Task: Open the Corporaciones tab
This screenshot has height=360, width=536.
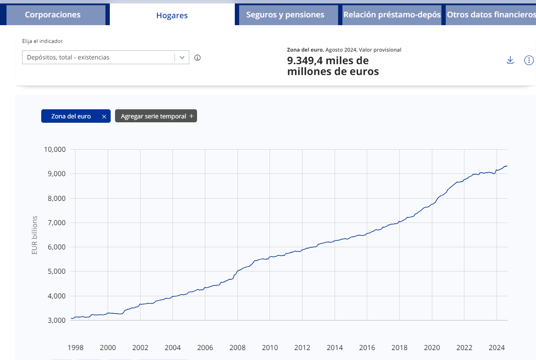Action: coord(53,15)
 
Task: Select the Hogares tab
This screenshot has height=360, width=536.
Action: coord(172,15)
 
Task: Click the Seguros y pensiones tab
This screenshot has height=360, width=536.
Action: coord(285,15)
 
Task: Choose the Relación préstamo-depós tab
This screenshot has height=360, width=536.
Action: coord(391,15)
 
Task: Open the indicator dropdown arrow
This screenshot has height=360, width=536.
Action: coord(182,57)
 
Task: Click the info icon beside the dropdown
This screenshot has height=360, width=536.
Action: coord(197,57)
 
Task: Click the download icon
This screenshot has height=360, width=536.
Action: coord(510,60)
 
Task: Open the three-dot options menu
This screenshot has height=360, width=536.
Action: coord(529,60)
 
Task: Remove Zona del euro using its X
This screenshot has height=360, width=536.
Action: coord(104,116)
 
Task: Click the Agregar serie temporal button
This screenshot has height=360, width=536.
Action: coord(156,116)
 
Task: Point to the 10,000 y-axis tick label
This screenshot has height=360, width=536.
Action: coord(54,150)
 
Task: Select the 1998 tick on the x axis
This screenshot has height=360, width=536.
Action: coord(76,347)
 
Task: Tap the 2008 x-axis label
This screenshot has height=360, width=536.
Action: coord(237,347)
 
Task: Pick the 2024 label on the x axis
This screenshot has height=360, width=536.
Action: coord(496,347)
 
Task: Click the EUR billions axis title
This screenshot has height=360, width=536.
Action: coord(35,235)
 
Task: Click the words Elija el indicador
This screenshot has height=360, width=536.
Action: coord(43,41)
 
